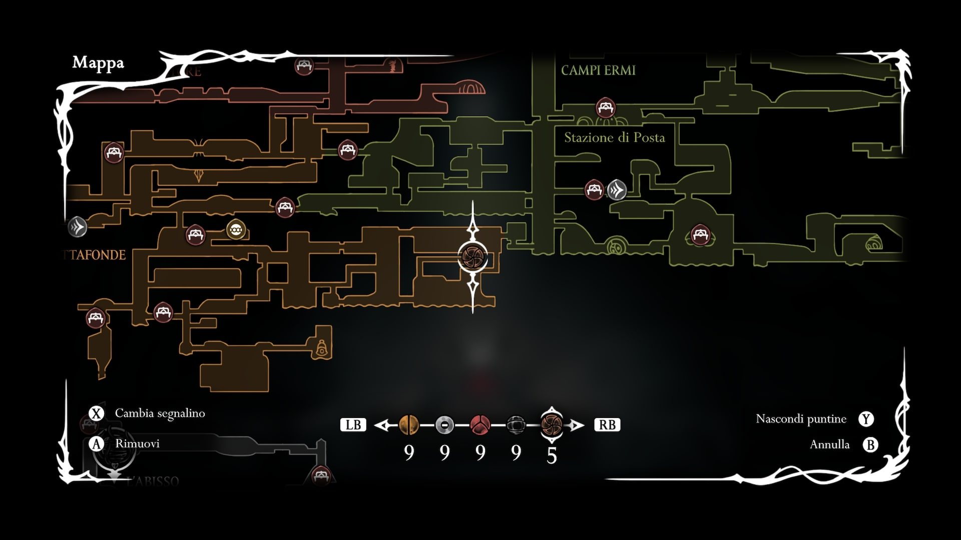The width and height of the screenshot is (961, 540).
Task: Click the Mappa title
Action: point(98,63)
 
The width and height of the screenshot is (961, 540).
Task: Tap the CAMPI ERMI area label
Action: point(598,70)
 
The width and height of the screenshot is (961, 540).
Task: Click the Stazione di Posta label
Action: point(614,137)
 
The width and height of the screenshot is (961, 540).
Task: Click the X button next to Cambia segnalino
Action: point(96,413)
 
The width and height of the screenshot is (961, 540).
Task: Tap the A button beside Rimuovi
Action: point(96,444)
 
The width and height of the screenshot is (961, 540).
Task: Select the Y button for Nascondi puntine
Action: point(866,419)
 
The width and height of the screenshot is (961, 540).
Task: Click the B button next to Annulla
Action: point(870,444)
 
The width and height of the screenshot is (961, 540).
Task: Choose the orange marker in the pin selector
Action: point(408,425)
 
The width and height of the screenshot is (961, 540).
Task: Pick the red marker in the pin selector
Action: point(480,425)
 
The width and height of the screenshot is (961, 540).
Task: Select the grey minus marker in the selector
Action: point(444,425)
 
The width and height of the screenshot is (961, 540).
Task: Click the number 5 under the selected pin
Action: point(552,455)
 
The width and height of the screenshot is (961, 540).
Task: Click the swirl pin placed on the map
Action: point(472,256)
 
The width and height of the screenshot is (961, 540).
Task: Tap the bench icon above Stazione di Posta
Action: point(605,107)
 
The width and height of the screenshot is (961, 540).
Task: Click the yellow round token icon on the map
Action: point(236,230)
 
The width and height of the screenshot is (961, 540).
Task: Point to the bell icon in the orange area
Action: point(321,348)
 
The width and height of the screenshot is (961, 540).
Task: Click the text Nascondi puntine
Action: point(801,419)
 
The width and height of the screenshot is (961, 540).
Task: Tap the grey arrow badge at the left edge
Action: point(78,227)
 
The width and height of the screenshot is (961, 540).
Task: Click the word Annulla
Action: point(829,444)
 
